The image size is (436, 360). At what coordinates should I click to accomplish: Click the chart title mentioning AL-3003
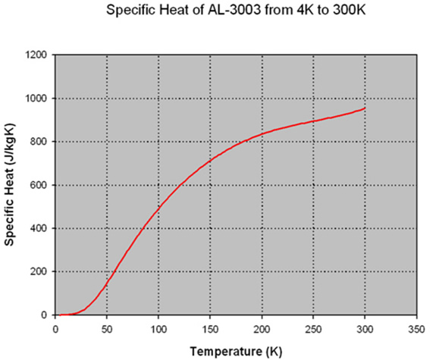[x=236, y=10]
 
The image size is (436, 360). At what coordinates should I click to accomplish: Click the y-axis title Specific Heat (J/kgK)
[x=9, y=185]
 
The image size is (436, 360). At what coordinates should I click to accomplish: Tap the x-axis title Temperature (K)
[x=236, y=352]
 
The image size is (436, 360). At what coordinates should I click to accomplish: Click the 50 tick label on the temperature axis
[x=107, y=330]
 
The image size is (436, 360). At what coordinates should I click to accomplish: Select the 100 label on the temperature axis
[x=158, y=330]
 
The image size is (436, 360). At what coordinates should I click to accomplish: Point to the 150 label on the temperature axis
[x=210, y=330]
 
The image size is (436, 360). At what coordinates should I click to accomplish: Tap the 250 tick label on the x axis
[x=313, y=330]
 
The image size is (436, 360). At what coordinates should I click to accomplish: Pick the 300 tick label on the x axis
[x=365, y=330]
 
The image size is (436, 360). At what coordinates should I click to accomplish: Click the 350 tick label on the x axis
[x=416, y=330]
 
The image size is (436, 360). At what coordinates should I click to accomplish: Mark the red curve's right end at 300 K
[x=365, y=108]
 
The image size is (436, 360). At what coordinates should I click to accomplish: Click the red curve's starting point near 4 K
[x=60, y=315]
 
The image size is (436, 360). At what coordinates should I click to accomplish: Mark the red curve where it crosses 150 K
[x=210, y=161]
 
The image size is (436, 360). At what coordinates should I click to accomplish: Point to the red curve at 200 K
[x=262, y=134]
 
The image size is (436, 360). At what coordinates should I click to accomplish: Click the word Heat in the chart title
[x=176, y=10]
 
